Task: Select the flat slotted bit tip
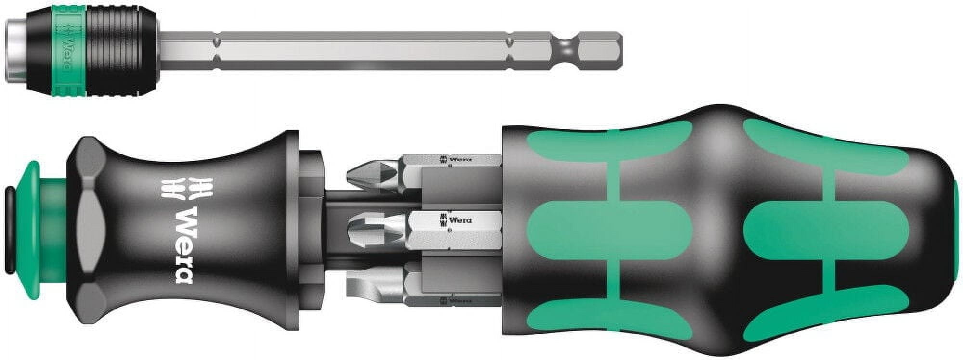click(368, 285)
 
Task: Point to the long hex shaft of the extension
click(361, 51)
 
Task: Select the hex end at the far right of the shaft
click(599, 50)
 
